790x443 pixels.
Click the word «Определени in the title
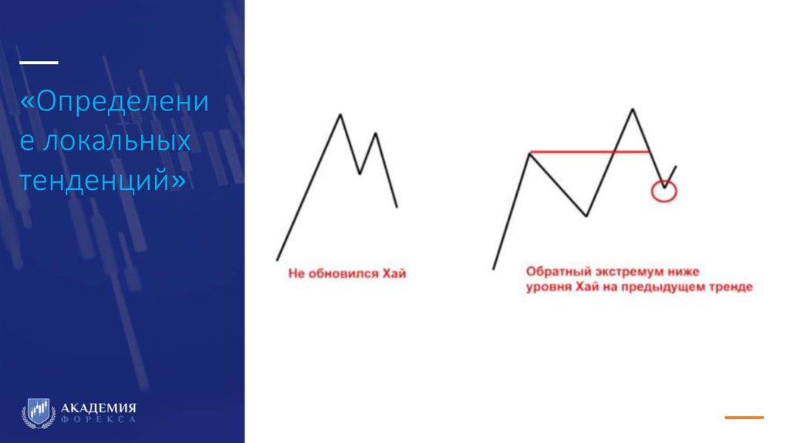pyautogui.click(x=114, y=103)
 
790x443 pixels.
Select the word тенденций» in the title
pyautogui.click(x=103, y=181)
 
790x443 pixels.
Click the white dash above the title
pyautogui.click(x=38, y=62)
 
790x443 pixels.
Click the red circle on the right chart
pyautogui.click(x=663, y=191)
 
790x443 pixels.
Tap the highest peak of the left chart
pyautogui.click(x=339, y=115)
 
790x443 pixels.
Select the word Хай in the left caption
pyautogui.click(x=393, y=273)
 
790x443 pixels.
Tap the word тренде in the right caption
pyautogui.click(x=732, y=287)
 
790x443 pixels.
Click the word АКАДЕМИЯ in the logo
pyautogui.click(x=99, y=407)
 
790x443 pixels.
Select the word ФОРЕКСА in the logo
pyautogui.click(x=99, y=419)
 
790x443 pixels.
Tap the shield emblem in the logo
pyautogui.click(x=39, y=412)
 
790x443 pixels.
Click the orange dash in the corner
pyautogui.click(x=744, y=418)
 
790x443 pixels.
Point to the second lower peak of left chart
pyautogui.click(x=375, y=134)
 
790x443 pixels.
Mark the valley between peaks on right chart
pyautogui.click(x=586, y=215)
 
